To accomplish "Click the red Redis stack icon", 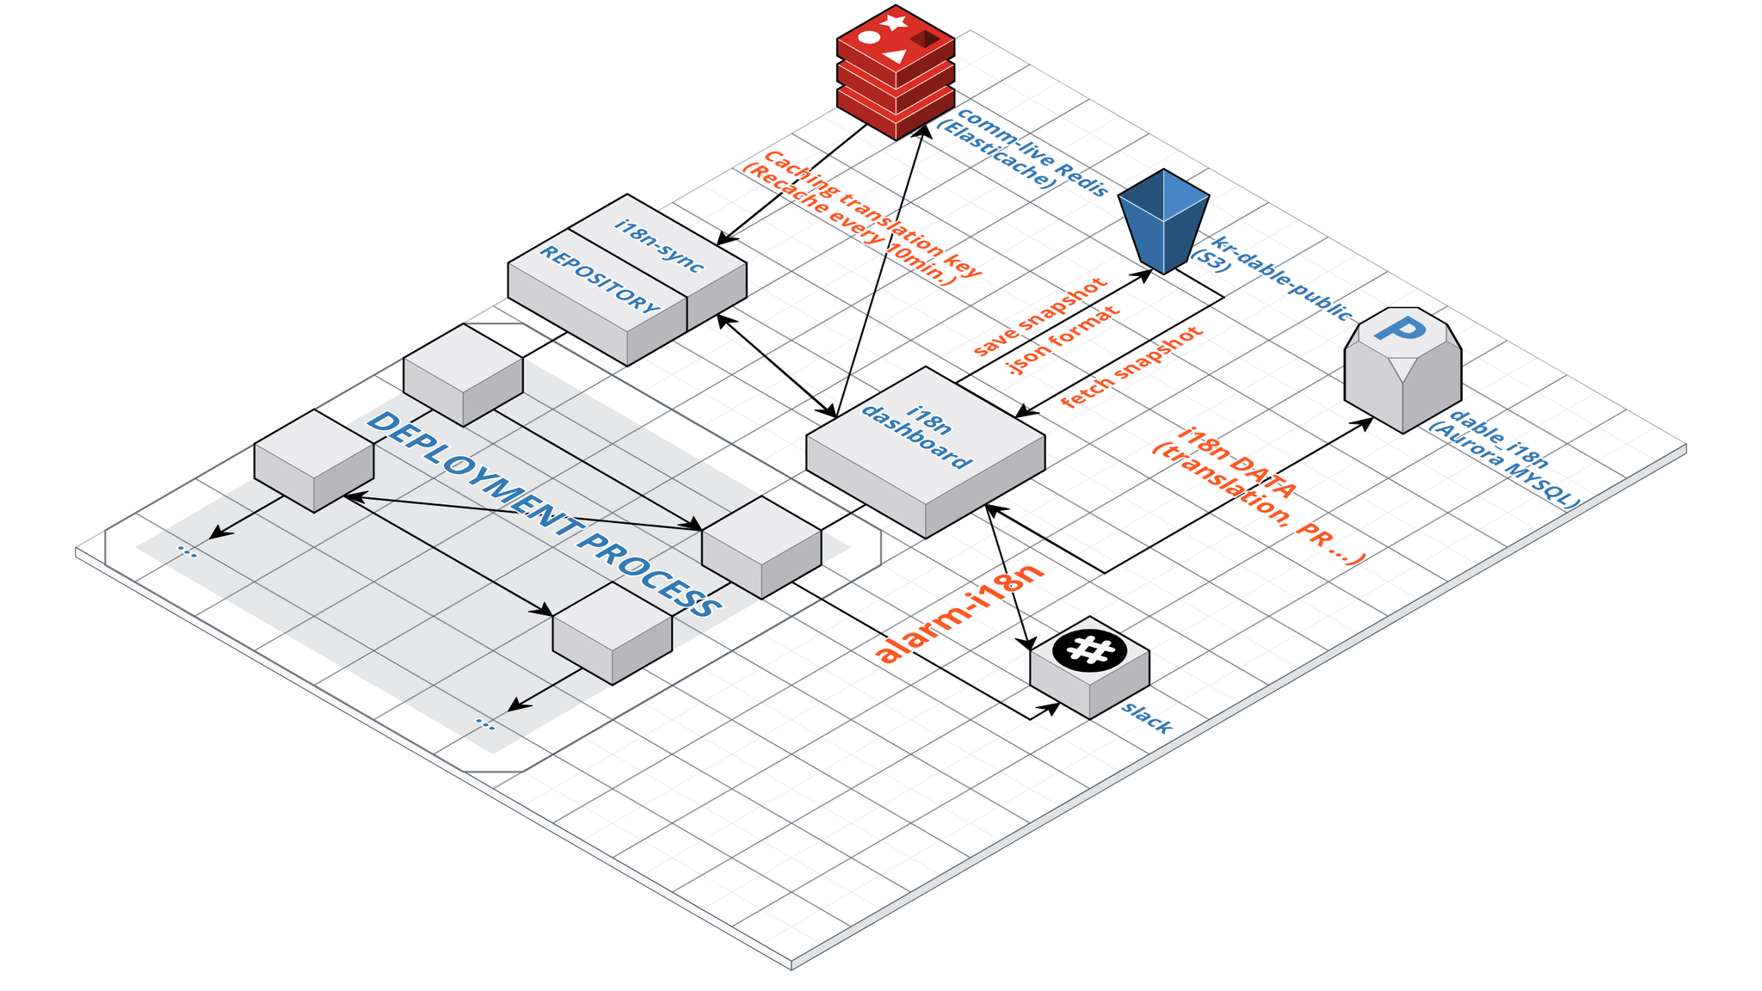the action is [x=896, y=72].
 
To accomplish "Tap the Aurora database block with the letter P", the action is [x=1402, y=370].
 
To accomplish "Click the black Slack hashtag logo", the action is [x=1090, y=649].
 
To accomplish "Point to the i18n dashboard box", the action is [x=926, y=452].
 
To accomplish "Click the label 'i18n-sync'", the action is [x=659, y=246].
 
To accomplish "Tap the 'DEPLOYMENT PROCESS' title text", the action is [x=545, y=515].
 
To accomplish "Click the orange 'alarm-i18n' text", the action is [x=959, y=612].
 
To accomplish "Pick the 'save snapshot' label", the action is [x=1039, y=317].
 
